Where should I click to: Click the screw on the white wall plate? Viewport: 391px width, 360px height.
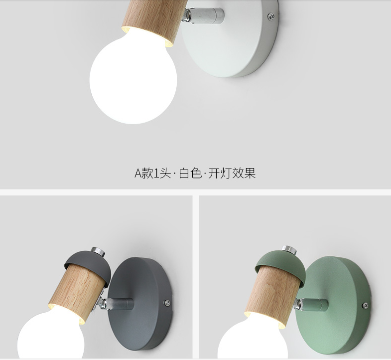[x=271, y=17]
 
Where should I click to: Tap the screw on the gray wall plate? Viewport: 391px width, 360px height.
[x=167, y=303]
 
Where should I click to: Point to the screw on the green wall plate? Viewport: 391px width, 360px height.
[x=365, y=305]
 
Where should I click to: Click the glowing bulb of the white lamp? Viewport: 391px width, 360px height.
[x=133, y=79]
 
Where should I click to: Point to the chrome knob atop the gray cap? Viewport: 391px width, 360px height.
[x=98, y=251]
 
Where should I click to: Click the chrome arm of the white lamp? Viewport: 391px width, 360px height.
[x=203, y=14]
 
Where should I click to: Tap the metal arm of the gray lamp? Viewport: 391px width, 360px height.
[x=117, y=304]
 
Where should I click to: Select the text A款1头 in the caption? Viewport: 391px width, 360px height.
[x=152, y=173]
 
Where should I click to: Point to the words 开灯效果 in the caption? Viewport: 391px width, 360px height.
[x=232, y=173]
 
